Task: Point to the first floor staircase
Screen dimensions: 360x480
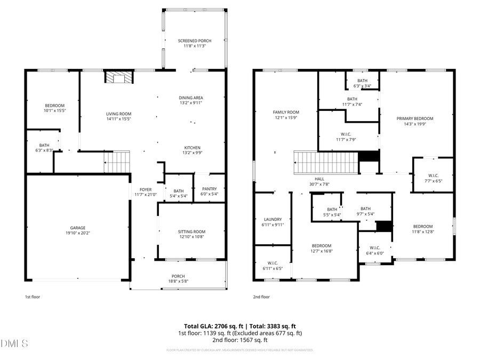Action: (117, 162)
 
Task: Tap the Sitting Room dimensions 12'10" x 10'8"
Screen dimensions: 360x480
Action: (191, 237)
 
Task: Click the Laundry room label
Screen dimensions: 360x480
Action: (273, 219)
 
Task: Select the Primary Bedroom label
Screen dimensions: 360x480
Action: (414, 118)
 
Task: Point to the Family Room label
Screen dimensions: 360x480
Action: (286, 112)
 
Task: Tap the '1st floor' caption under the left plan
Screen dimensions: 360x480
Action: (32, 297)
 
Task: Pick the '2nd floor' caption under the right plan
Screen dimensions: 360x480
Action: (261, 297)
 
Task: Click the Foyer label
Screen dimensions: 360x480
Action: (146, 189)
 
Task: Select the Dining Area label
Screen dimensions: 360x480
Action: (191, 98)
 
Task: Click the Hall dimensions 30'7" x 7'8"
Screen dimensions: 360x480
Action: (319, 185)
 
